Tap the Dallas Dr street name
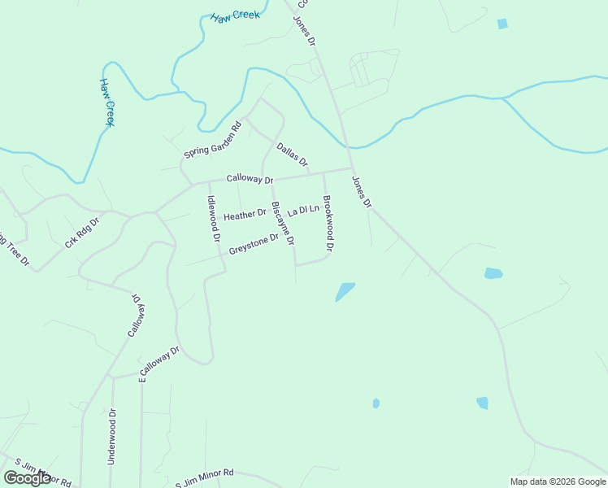[x=292, y=155]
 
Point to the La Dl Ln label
[x=303, y=210]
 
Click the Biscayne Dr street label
[x=283, y=224]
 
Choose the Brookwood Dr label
[x=328, y=223]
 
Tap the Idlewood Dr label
[x=213, y=219]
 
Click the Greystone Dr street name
[x=254, y=244]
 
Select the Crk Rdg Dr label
[x=81, y=233]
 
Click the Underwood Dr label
[x=113, y=436]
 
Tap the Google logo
[x=27, y=478]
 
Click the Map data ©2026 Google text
[x=558, y=481]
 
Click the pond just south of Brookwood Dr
[x=345, y=291]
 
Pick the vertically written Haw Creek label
[x=107, y=102]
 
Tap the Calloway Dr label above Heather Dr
[x=250, y=178]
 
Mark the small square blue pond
[x=502, y=24]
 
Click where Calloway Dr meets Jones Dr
[x=351, y=168]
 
